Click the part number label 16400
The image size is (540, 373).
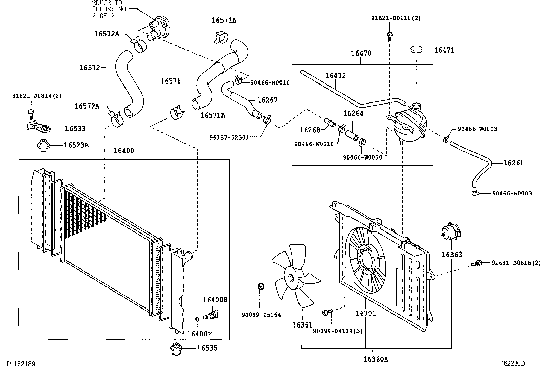pos(123,151)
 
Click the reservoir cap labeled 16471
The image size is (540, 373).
pos(417,50)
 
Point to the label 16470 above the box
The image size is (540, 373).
pos(361,53)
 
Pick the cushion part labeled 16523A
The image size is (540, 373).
pos(44,146)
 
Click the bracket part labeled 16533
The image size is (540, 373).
pos(38,127)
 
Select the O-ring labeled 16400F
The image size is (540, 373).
pos(197,320)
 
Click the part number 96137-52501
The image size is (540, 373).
pos(229,137)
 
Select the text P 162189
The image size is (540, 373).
pos(21,364)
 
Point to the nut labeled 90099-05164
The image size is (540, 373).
pos(261,286)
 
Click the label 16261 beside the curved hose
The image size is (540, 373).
pos(513,163)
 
